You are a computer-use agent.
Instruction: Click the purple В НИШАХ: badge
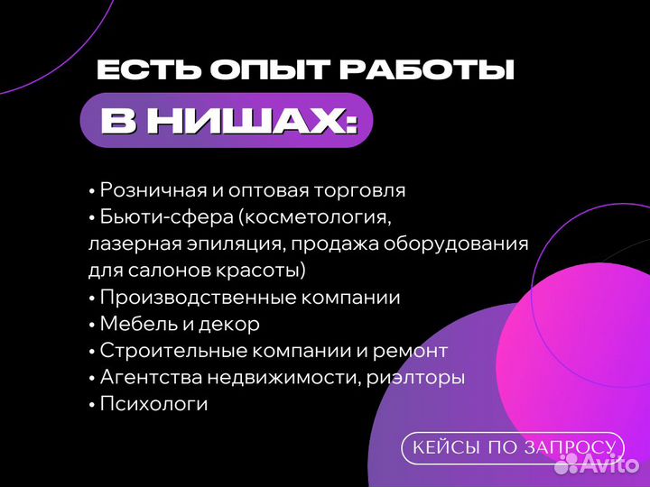(227, 120)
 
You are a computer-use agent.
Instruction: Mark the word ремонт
(412, 351)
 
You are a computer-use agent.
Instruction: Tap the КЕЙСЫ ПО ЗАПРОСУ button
(513, 447)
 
